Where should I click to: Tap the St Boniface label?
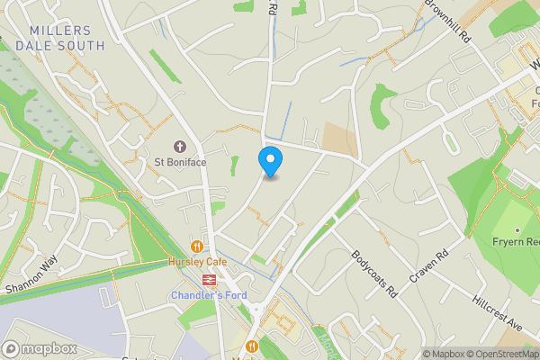pos(180,162)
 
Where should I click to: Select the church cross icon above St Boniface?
pos(180,146)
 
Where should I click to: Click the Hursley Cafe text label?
pos(197,262)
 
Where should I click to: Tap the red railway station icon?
pos(208,280)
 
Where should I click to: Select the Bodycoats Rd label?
pos(374,274)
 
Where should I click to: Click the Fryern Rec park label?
pos(515,241)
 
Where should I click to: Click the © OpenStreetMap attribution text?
pos(498,354)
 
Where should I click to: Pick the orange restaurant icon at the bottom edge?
pos(252,346)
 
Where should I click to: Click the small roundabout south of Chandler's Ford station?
pos(257,311)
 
